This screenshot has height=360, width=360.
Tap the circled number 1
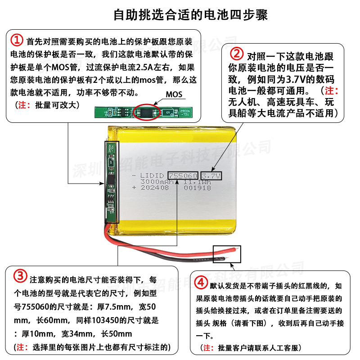pyautogui.click(x=17, y=40)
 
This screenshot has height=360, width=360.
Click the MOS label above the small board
pyautogui.click(x=174, y=94)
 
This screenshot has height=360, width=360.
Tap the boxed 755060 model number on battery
pyautogui.click(x=182, y=175)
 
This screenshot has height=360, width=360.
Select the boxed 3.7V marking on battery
pyautogui.click(x=211, y=175)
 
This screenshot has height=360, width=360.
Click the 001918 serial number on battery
pyautogui.click(x=197, y=189)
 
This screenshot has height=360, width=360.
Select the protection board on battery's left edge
pyautogui.click(x=111, y=182)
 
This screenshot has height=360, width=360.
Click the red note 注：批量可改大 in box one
pyautogui.click(x=47, y=105)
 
